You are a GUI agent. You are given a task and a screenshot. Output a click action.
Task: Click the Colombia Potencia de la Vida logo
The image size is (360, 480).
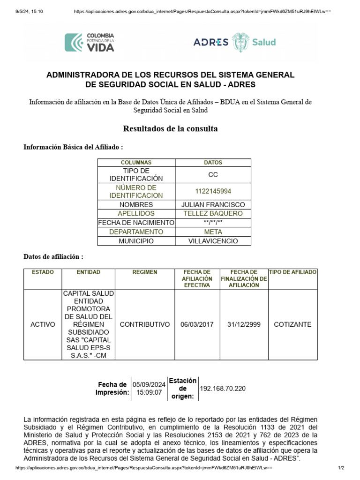coord(89,42)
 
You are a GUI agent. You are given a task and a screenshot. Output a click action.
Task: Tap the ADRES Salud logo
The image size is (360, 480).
coord(234,42)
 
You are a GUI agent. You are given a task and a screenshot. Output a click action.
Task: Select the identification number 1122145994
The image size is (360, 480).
coord(213,191)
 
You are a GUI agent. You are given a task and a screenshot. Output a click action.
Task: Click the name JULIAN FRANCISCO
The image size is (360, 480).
coord(213,205)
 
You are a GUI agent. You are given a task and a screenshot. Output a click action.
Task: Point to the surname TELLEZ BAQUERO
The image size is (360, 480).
coord(213,214)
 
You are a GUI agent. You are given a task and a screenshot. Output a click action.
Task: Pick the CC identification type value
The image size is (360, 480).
coord(213,174)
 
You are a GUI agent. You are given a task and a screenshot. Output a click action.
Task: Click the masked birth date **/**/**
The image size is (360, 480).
coord(213,223)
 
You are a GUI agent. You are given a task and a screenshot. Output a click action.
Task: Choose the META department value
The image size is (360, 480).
coord(213,232)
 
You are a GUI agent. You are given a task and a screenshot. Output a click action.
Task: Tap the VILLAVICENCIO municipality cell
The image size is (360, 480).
coord(213,241)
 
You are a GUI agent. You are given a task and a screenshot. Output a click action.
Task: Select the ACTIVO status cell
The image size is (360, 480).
coord(42,324)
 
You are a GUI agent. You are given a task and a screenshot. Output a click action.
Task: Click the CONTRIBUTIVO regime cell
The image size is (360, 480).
coord(145,324)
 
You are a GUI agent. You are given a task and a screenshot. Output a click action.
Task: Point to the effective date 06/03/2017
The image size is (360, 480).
coord(197,324)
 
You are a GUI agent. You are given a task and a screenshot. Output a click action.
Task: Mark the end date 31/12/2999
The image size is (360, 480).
coord(244,324)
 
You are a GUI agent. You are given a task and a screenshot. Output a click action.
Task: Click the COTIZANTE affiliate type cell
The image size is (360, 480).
coord(292,324)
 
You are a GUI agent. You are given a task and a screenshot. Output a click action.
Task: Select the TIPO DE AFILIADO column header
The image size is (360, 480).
coord(292,272)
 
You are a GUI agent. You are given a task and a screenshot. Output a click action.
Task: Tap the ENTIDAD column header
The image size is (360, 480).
coord(89,272)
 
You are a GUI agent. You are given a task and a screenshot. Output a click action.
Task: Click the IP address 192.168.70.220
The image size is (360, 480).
coord(223,389)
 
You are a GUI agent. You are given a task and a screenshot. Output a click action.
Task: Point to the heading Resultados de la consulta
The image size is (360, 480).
coord(170,128)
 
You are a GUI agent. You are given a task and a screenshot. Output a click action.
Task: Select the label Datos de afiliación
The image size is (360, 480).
coord(53,257)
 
